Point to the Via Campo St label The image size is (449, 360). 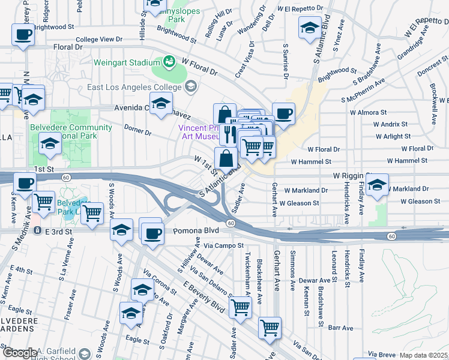[223, 245]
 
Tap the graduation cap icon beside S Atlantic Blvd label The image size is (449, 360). [310, 28]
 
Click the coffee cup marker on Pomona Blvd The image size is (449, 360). [152, 231]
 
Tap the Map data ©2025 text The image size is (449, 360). [424, 355]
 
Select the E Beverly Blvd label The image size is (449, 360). [203, 296]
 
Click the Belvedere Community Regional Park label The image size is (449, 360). [71, 131]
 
